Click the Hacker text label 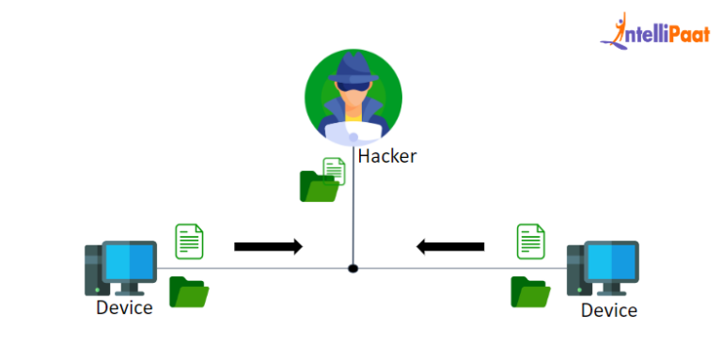386,156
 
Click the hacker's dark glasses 353,92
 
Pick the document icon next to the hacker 334,171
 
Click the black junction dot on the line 353,268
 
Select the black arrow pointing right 268,246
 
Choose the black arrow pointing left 451,246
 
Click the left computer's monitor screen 129,258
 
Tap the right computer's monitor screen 610,258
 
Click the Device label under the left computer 124,307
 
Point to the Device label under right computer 608,310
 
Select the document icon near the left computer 189,241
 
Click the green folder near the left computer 188,292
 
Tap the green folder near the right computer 530,292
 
